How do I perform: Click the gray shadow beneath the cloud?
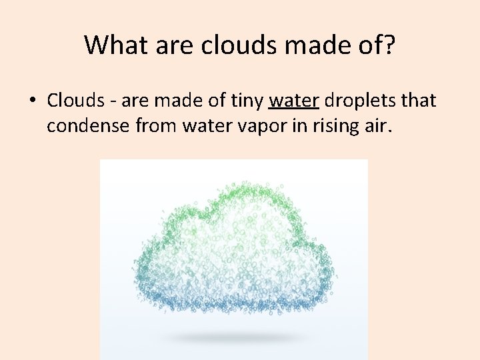[233, 339]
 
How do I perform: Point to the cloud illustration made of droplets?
[233, 253]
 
